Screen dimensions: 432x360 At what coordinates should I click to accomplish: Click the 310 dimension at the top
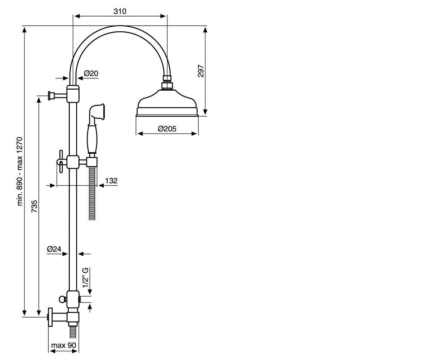coord(120,12)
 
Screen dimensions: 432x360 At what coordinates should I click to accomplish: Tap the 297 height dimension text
coord(201,71)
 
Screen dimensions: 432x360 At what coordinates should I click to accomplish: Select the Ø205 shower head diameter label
coord(167,129)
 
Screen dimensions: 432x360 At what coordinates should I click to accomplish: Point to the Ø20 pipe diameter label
coord(91,73)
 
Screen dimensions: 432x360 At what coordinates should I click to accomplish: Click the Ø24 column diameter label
coord(54,249)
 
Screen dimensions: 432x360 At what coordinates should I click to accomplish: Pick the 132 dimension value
coord(111,181)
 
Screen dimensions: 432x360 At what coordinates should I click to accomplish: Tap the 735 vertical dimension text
coord(34,206)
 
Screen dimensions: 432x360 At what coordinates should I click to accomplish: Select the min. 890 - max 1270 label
coord(20,171)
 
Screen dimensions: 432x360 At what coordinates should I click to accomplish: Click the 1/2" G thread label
coord(85,278)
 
